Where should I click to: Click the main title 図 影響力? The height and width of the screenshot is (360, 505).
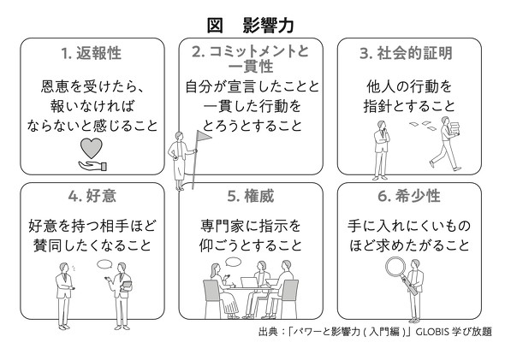(x=250, y=26)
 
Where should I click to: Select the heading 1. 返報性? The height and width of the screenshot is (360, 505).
(x=91, y=53)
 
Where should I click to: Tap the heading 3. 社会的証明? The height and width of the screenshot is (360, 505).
(x=406, y=53)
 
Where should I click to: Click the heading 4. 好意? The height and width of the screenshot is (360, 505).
(x=92, y=196)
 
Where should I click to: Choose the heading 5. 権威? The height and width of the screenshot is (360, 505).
(x=251, y=196)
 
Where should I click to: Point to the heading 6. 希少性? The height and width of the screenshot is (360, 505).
(x=409, y=196)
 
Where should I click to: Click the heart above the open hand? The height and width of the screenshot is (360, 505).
(x=91, y=148)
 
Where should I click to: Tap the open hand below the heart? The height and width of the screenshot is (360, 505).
(x=92, y=166)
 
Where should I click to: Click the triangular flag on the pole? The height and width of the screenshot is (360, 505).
(x=204, y=136)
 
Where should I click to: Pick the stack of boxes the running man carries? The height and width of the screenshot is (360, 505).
(x=455, y=128)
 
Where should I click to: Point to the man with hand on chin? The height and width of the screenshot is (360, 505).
(x=381, y=150)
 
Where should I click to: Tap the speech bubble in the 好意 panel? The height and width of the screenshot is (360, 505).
(x=104, y=264)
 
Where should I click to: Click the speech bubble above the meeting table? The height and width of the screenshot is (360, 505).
(x=233, y=262)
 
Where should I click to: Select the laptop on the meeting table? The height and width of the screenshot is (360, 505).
(x=249, y=282)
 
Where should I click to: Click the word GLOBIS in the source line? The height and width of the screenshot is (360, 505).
(x=432, y=332)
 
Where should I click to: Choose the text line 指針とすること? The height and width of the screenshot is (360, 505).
(x=409, y=106)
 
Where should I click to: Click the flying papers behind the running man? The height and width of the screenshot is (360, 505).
(x=423, y=126)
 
